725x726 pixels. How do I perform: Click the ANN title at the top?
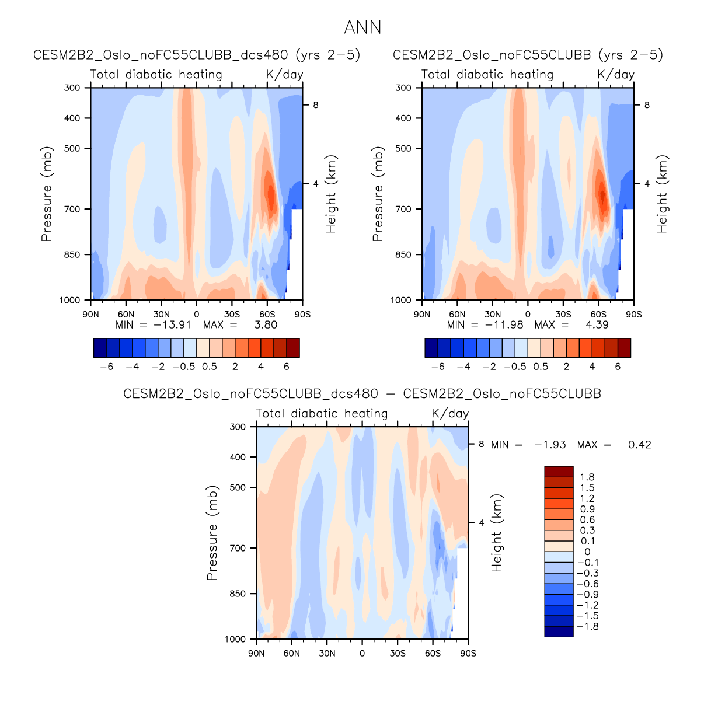coord(362,27)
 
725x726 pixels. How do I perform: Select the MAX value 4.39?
coord(597,325)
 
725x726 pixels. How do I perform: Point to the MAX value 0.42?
coord(639,445)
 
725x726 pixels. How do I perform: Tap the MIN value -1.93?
coord(550,445)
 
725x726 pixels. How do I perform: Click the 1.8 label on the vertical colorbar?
coord(587,477)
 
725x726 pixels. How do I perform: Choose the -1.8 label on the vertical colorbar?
coord(587,627)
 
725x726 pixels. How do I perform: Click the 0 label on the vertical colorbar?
coord(587,552)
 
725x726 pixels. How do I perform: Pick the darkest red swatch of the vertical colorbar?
coord(559,472)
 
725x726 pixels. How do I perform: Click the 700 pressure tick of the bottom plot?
coord(238,548)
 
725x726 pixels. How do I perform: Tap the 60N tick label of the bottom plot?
coord(292,653)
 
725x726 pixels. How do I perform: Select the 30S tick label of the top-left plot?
coord(232,314)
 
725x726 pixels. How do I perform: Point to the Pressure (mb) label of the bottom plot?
coord(212,532)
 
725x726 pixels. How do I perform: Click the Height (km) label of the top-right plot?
coord(662,194)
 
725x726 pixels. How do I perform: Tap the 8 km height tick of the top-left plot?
coord(316,105)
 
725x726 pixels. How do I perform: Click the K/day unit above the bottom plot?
coord(450,413)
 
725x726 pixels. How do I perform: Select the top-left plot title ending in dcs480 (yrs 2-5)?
coord(197,55)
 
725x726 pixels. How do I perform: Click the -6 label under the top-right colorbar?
coord(438,367)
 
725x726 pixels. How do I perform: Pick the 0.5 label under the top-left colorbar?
coord(210,367)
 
